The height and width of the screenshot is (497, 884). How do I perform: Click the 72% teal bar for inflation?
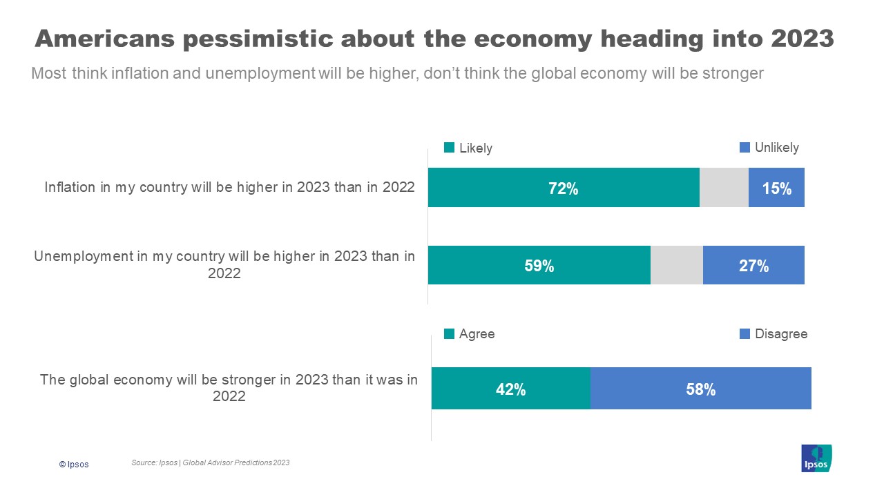tap(564, 188)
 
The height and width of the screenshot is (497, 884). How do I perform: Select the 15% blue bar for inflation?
tap(776, 188)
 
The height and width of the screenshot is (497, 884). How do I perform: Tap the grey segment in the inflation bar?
tap(724, 188)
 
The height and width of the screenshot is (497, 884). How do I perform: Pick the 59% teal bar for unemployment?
tap(539, 265)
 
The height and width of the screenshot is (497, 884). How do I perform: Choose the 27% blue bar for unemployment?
tap(753, 265)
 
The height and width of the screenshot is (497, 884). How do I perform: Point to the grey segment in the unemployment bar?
tap(677, 265)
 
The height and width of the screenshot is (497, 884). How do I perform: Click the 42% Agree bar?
tap(511, 389)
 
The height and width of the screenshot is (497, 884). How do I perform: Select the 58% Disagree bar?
tap(700, 389)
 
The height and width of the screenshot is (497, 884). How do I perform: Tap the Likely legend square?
tap(449, 148)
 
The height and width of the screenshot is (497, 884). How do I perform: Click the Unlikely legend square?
tap(744, 147)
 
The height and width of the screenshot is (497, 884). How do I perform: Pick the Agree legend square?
tap(449, 334)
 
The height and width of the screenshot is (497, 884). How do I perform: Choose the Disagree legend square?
tap(744, 334)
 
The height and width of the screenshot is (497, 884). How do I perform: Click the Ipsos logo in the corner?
tap(816, 458)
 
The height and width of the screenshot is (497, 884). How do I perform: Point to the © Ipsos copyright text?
tap(74, 465)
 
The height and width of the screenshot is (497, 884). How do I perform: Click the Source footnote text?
tap(210, 462)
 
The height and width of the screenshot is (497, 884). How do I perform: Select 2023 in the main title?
tap(802, 39)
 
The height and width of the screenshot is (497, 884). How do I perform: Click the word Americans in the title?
tap(103, 39)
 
